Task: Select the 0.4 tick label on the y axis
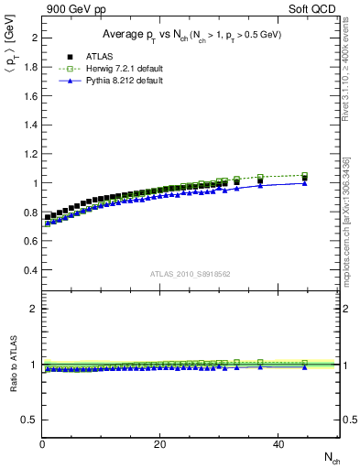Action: pos(30,270)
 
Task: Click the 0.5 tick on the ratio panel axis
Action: pos(30,420)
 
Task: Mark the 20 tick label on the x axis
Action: pos(159,445)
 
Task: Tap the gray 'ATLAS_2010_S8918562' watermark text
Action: pos(190,274)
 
